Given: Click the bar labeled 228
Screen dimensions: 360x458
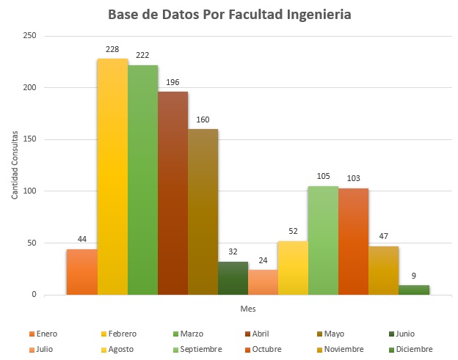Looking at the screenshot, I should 112,176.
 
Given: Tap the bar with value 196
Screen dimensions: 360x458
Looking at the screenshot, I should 172,193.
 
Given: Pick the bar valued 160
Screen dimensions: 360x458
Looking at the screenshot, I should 203,212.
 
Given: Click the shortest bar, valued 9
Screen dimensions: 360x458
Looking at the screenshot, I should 413,290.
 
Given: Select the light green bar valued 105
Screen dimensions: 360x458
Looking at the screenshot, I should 323,240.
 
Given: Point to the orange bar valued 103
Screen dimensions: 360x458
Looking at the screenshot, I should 353,241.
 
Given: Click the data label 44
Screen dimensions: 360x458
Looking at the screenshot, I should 82,240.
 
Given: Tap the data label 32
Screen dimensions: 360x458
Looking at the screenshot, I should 233,252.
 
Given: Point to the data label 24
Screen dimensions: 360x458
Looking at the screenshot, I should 263,260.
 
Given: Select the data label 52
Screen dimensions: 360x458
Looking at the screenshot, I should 293,232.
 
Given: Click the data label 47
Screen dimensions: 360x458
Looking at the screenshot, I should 383,237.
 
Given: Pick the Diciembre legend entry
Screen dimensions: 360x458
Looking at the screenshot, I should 410,349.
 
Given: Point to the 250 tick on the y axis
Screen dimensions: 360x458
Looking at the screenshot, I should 29,36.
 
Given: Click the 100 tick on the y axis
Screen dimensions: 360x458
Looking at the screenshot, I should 29,191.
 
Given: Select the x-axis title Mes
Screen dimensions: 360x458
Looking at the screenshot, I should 248,309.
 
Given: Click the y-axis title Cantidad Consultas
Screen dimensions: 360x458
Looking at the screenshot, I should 14,165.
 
